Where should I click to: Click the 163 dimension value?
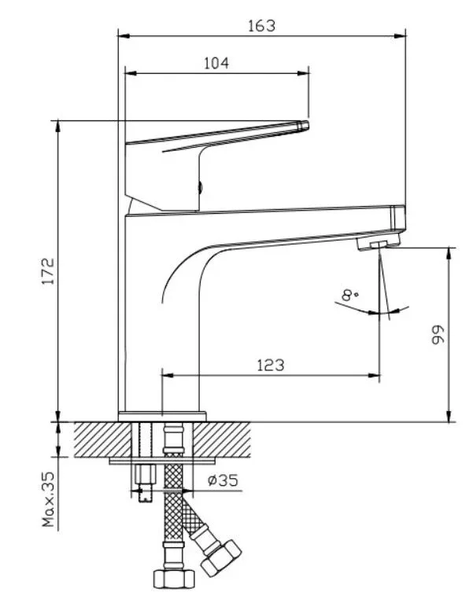pyautogui.click(x=261, y=26)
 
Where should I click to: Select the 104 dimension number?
pyautogui.click(x=216, y=63)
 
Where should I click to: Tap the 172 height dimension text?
pyautogui.click(x=48, y=271)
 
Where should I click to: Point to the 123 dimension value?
pyautogui.click(x=271, y=365)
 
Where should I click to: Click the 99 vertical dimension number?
pyautogui.click(x=438, y=334)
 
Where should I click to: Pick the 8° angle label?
pyautogui.click(x=349, y=295)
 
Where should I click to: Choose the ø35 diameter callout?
pyautogui.click(x=223, y=480)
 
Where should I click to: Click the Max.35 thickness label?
pyautogui.click(x=49, y=499)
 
